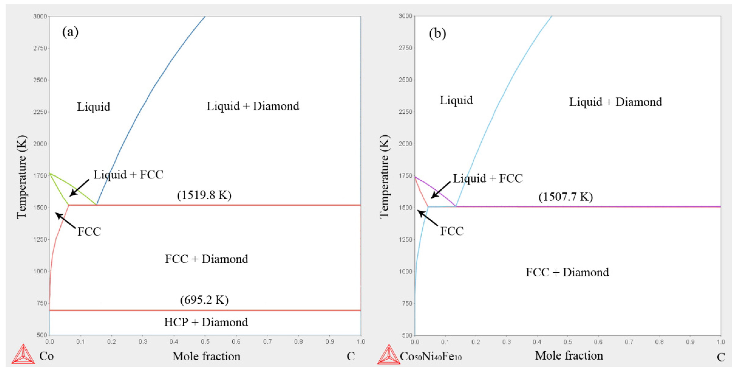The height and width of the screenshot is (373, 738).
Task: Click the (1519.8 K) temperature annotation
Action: coord(204,195)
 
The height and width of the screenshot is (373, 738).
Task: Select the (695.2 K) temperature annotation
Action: coord(204,300)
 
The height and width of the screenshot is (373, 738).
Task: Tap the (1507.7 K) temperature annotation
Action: coord(566,197)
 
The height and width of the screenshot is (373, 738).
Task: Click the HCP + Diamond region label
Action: coord(206,322)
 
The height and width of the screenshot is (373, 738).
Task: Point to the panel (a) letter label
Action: coord(70,32)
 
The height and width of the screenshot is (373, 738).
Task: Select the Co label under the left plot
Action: coord(46,356)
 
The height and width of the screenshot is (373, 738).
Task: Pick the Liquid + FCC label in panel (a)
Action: coord(128,175)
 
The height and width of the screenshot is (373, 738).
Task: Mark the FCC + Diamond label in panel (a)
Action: coord(206,259)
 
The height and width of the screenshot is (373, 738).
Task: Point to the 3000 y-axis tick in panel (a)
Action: coord(40,16)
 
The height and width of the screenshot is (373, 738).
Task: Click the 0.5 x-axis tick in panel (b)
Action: coord(568,342)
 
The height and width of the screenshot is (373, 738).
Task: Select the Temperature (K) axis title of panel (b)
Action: coord(384,176)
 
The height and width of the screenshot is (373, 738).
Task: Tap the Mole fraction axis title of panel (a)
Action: coord(206,356)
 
